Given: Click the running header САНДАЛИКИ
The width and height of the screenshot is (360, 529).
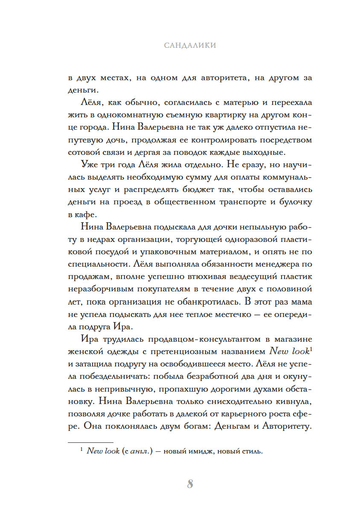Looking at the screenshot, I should coord(190,45).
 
